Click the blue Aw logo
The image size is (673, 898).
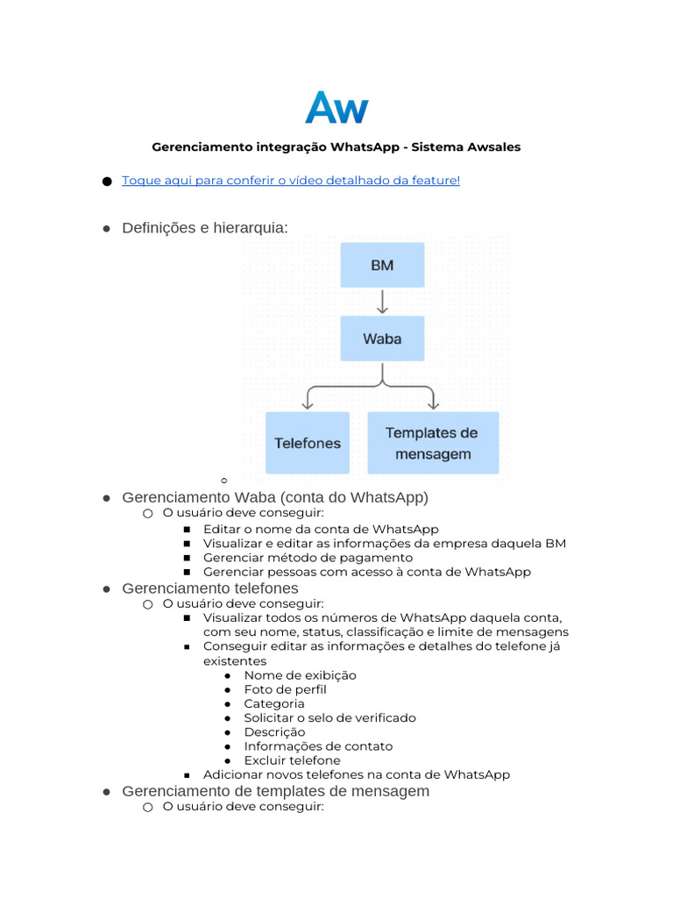[336, 109]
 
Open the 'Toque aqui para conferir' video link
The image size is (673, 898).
[291, 181]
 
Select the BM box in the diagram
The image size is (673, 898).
[382, 265]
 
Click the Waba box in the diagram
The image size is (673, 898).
[382, 339]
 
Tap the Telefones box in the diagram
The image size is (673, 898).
[308, 443]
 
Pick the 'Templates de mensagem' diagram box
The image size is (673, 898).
[433, 443]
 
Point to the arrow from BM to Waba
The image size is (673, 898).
[382, 302]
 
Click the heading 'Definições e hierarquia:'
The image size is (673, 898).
[205, 228]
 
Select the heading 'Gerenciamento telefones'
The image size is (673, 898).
[210, 588]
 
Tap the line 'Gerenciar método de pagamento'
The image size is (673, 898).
[308, 558]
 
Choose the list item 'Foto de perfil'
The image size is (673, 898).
[286, 689]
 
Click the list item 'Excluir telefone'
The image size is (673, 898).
[293, 760]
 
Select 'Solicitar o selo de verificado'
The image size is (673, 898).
[330, 717]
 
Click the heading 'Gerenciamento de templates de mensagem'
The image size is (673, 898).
[276, 791]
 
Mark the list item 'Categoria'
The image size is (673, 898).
[274, 703]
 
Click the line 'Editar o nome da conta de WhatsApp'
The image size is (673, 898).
[321, 529]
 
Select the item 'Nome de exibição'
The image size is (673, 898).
[301, 675]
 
